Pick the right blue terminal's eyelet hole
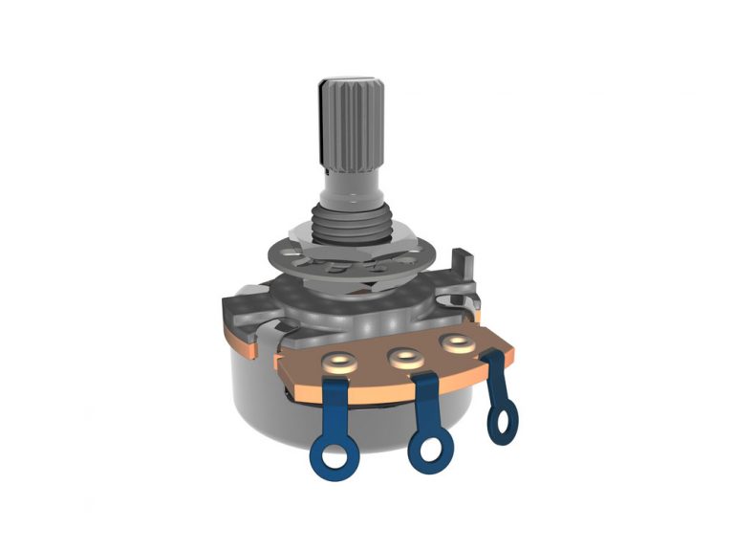pyautogui.click(x=504, y=417)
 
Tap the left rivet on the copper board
pyautogui.click(x=339, y=363)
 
